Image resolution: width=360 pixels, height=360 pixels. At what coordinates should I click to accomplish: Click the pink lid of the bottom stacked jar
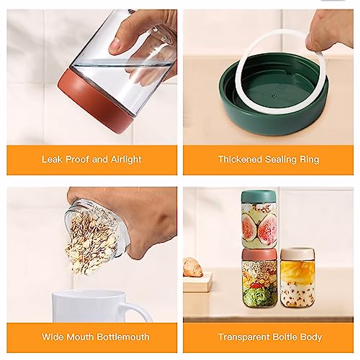pos(259,255)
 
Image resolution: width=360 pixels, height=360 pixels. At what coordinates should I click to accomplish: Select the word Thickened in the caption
pos(240,159)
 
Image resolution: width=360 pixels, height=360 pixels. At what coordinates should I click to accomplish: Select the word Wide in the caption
pos(53,337)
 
